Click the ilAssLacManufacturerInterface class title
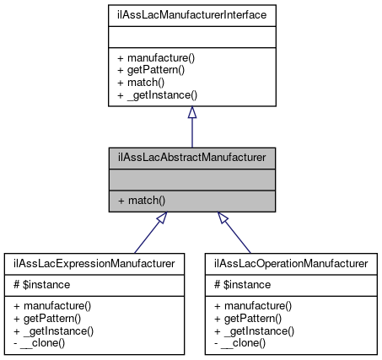point(192,14)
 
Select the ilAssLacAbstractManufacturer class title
point(192,158)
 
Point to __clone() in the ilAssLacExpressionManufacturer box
point(46,344)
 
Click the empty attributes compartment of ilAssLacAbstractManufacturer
point(192,179)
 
